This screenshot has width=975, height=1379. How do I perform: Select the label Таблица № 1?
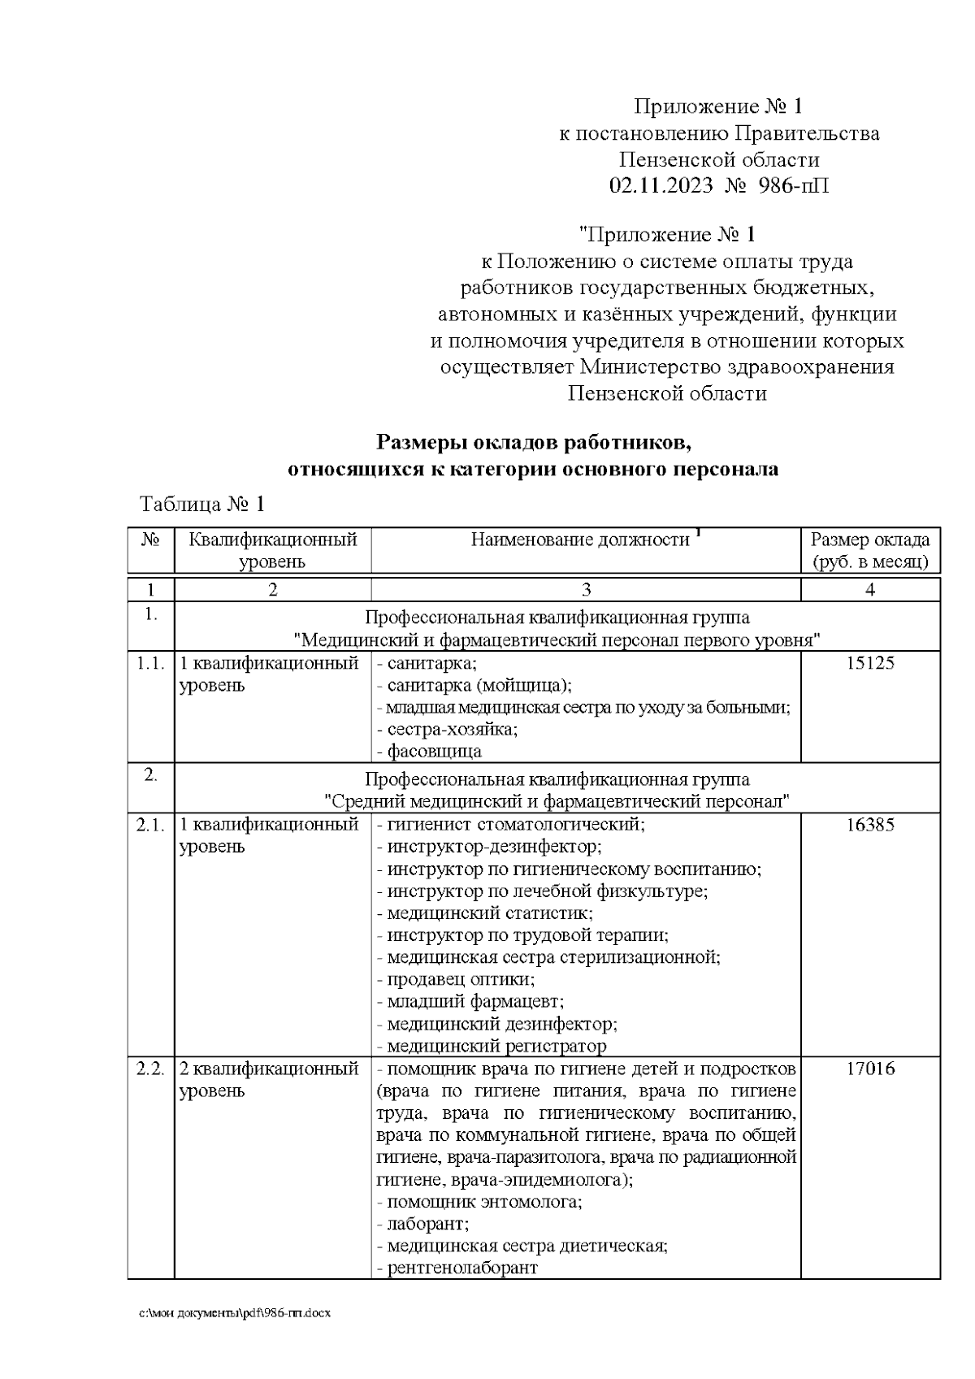point(203,505)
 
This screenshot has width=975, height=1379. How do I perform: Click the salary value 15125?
point(870,663)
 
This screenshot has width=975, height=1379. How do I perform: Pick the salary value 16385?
point(870,825)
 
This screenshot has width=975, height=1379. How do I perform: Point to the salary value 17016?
point(870,1069)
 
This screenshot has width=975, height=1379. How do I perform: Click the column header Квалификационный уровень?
point(273,550)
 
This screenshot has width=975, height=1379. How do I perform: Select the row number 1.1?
point(150,663)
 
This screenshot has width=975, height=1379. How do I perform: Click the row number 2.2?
point(150,1069)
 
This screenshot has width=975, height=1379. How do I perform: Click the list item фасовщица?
point(434,751)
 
